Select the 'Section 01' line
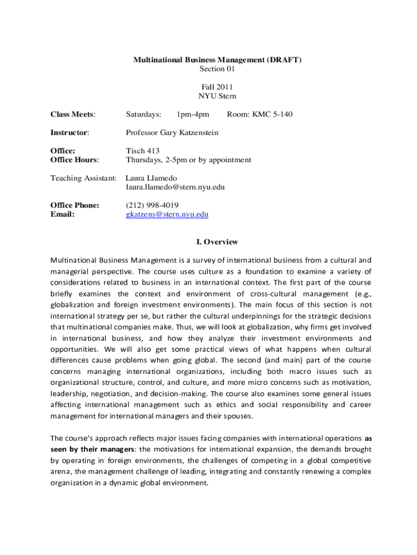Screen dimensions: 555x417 click(217, 69)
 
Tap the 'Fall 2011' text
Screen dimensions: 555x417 click(217, 87)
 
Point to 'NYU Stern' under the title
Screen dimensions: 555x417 click(217, 96)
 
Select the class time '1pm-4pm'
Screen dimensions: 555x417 click(193, 114)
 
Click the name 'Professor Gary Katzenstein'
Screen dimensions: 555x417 click(172, 133)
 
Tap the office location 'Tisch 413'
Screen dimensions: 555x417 click(143, 151)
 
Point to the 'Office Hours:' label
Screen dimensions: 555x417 click(75, 160)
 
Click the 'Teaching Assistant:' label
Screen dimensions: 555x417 click(83, 178)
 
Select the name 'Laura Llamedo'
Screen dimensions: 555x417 click(151, 178)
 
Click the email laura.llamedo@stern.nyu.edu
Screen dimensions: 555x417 click(175, 187)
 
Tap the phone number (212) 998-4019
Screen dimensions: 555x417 click(152, 205)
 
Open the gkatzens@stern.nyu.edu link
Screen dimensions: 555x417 click(167, 215)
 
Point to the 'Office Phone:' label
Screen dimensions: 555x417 click(75, 205)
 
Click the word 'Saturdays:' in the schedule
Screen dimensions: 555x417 click(144, 114)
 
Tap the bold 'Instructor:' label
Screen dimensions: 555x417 click(70, 133)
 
